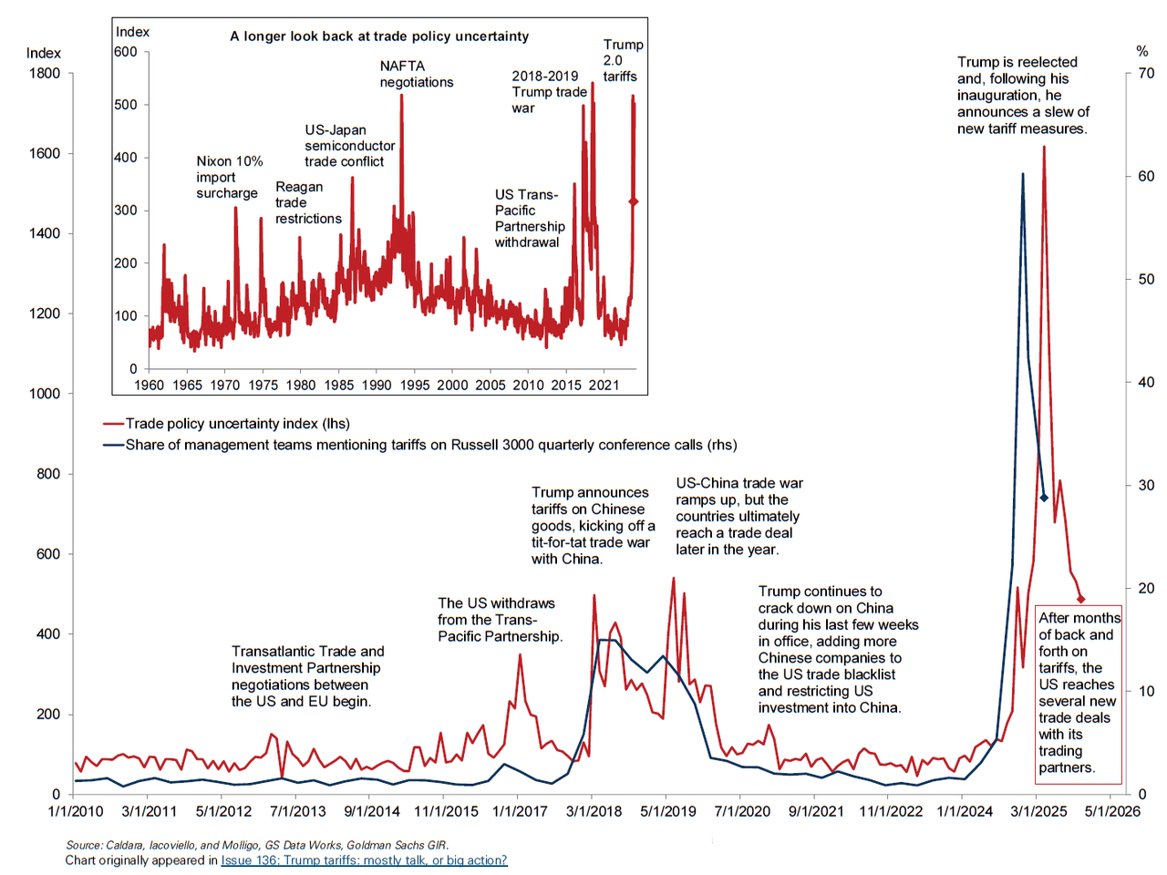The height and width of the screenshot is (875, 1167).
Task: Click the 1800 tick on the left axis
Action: click(x=44, y=74)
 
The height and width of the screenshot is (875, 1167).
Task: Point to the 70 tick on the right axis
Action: click(x=1146, y=74)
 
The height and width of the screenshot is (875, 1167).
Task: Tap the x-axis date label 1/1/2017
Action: click(x=520, y=811)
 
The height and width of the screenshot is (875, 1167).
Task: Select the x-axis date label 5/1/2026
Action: click(x=1111, y=811)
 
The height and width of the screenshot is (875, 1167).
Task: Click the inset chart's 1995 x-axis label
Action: click(x=415, y=385)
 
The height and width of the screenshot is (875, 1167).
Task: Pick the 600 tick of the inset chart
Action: click(x=126, y=52)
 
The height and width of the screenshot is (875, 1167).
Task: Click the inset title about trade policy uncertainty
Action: click(x=379, y=36)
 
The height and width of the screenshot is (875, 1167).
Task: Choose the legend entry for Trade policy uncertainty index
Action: click(x=237, y=424)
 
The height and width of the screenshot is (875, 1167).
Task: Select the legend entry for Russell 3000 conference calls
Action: click(x=430, y=445)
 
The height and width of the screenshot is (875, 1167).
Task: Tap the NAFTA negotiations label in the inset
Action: click(x=416, y=74)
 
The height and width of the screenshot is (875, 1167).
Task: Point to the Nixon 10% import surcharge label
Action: click(x=229, y=177)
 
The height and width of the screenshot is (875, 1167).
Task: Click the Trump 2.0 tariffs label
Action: click(x=622, y=60)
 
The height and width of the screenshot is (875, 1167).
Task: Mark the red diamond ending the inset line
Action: click(x=634, y=201)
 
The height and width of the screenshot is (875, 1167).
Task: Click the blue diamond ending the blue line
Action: click(x=1045, y=498)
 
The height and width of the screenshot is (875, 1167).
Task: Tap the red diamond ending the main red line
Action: click(x=1081, y=599)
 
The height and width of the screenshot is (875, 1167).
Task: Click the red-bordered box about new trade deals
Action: click(x=1079, y=693)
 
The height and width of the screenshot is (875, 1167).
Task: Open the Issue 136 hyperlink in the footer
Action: click(x=364, y=860)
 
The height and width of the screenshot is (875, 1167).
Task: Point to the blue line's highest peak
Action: click(x=1022, y=173)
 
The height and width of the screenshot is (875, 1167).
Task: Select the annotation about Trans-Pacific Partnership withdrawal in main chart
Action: click(x=500, y=620)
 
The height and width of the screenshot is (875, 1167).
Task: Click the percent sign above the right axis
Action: click(x=1142, y=52)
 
